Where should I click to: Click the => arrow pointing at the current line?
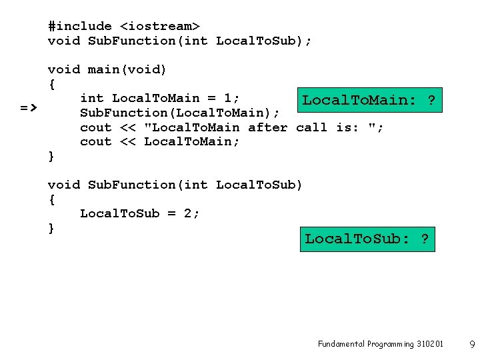[28, 107]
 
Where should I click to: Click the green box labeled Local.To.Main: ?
[369, 101]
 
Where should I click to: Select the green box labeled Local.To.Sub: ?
[367, 239]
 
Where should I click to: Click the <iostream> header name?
[160, 26]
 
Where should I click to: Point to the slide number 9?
[472, 345]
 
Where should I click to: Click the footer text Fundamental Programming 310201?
[380, 344]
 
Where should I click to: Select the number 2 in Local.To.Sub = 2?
[188, 213]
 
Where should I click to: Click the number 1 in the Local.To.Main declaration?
[228, 99]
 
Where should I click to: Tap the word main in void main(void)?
[104, 69]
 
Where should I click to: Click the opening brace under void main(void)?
[51, 84]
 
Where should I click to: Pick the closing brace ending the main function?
[51, 157]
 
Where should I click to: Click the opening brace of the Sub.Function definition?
[51, 199]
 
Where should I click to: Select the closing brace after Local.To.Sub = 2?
[51, 228]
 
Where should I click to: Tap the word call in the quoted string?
[312, 127]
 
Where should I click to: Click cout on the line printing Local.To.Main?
[96, 141]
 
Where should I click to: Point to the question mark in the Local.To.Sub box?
[425, 239]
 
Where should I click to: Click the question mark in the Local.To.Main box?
[431, 101]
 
